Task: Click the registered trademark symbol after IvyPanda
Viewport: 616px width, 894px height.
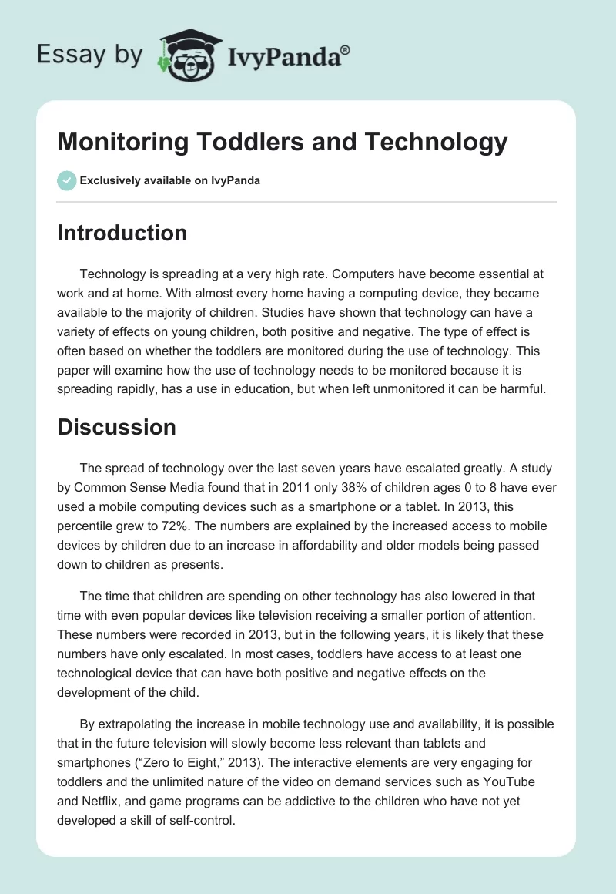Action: click(345, 49)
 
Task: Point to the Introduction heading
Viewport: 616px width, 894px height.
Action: click(122, 233)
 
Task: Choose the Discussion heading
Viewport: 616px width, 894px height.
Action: click(116, 426)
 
